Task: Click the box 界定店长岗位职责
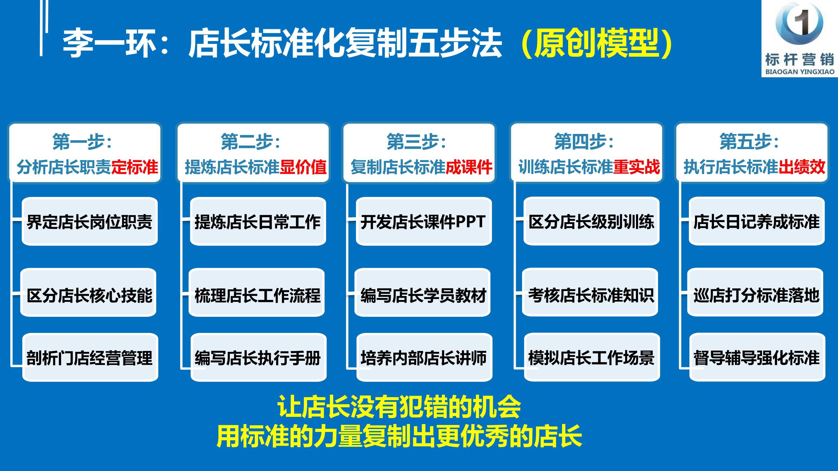coord(90,221)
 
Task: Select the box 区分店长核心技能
coord(88,292)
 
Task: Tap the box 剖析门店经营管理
coord(90,357)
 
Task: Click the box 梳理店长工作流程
coord(257,292)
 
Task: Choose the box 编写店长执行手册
coord(259,357)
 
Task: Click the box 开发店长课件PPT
coord(424,221)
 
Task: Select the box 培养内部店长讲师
coord(425,357)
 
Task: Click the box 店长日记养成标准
coord(757,221)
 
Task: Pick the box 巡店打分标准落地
coord(755,292)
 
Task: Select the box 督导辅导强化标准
coord(757,357)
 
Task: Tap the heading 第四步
coord(584,142)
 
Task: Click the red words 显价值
coord(303,167)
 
